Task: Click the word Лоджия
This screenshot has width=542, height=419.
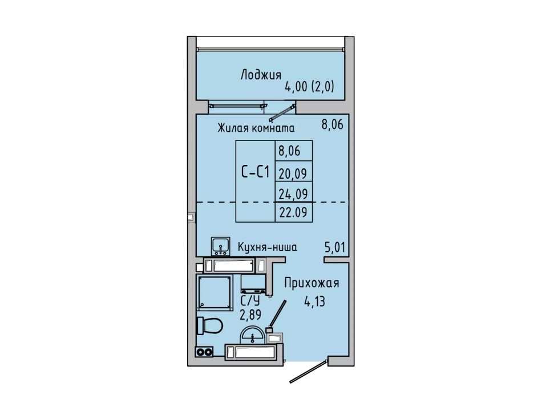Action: tap(261, 75)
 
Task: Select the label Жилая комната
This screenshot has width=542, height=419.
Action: tap(256, 128)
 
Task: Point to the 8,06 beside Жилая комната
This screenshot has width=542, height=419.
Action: tap(333, 124)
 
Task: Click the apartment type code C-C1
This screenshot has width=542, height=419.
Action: tap(255, 172)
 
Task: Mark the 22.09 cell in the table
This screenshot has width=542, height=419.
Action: tap(293, 212)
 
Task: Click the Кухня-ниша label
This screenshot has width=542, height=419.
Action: tap(267, 247)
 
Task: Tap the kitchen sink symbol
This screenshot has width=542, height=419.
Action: tap(221, 247)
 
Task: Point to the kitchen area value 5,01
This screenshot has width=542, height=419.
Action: tap(334, 247)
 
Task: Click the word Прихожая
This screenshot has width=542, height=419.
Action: tap(312, 283)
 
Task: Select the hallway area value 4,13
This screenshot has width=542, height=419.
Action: tap(314, 301)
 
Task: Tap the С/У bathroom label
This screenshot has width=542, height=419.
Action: tap(250, 300)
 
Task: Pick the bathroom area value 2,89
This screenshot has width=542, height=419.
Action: tap(250, 315)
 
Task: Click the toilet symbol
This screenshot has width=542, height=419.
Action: tap(209, 325)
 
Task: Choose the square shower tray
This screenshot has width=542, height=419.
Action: tap(215, 292)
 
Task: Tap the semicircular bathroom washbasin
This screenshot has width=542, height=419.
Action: tap(253, 335)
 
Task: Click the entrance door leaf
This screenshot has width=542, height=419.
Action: tap(308, 372)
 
